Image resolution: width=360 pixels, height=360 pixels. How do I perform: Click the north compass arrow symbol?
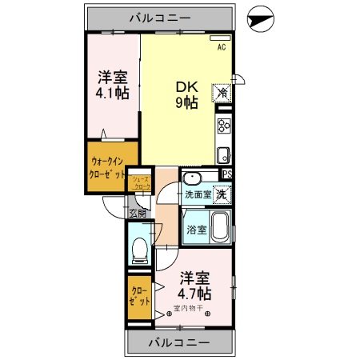pyautogui.click(x=260, y=17)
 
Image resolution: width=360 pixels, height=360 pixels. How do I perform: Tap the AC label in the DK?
pyautogui.click(x=221, y=46)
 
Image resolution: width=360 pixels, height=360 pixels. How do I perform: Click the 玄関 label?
pyautogui.click(x=138, y=213)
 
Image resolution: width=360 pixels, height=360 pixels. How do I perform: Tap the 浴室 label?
pyautogui.click(x=196, y=229)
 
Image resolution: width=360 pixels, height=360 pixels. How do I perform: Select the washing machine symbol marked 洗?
pyautogui.click(x=220, y=194)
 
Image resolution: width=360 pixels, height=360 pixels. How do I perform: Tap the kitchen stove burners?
pyautogui.click(x=224, y=126)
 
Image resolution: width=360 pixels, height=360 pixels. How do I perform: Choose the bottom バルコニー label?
pyautogui.click(x=180, y=342)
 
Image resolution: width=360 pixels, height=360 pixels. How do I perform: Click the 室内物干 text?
pyautogui.click(x=190, y=310)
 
